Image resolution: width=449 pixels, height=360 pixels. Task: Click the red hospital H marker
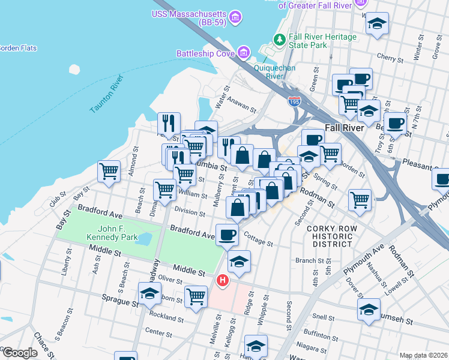pos(223,280)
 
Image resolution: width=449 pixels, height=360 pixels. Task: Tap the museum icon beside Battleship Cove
pos(244,53)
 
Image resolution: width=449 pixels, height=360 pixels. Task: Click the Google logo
pos(20,353)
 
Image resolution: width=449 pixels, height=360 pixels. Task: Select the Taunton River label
pos(106,94)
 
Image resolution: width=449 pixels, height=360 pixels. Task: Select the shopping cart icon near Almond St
pos(109,171)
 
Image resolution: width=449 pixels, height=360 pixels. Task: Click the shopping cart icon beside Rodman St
pos(360,200)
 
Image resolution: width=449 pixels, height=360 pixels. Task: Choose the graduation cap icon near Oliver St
pos(149,294)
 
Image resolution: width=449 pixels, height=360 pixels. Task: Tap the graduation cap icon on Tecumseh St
pos(369,309)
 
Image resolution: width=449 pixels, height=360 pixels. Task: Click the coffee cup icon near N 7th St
pos(395,124)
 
